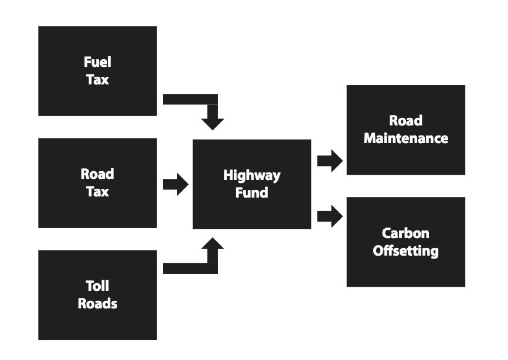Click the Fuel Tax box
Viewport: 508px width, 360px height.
coord(97,71)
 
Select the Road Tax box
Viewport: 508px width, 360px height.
coord(97,183)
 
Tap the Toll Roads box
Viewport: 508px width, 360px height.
coord(97,295)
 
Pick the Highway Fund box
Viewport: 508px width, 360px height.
coord(252,184)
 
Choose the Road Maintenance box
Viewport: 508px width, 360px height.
coord(406,130)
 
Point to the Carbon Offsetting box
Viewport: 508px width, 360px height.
coord(406,242)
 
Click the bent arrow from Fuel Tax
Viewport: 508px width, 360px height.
coord(212,100)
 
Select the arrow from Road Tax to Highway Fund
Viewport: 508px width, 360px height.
coord(176,184)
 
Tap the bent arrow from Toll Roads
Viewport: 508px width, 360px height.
coord(212,268)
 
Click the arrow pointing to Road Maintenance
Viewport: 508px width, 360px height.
coord(330,161)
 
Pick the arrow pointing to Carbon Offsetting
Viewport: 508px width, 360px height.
coord(330,216)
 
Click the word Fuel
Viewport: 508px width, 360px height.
coord(97,62)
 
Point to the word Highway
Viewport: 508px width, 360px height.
coord(252,176)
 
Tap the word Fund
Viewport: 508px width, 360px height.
coord(252,193)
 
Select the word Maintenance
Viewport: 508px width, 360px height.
coord(406,138)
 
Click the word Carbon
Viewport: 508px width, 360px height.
coord(405,233)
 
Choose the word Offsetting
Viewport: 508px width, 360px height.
coord(406,251)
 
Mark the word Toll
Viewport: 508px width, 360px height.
coord(97,286)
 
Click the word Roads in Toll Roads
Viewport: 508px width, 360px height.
coord(97,304)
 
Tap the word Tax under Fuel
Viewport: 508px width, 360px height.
coord(97,80)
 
